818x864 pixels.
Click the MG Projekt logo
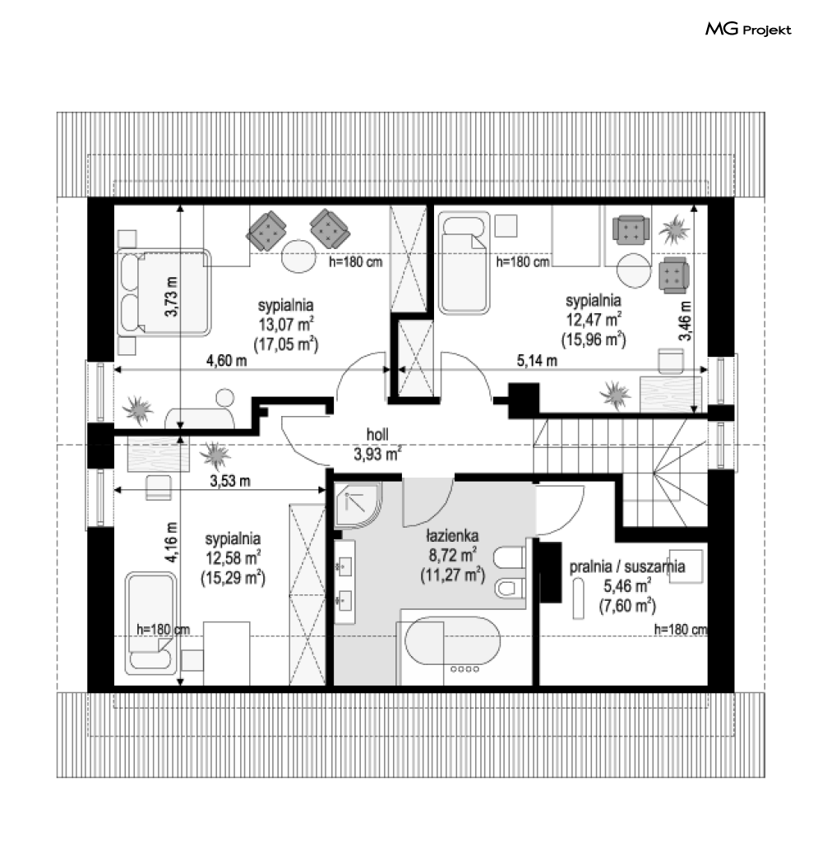[748, 30]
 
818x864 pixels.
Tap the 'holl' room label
[377, 434]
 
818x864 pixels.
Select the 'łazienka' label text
[452, 536]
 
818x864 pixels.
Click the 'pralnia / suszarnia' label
[626, 566]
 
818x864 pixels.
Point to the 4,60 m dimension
[227, 361]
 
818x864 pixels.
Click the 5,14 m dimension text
[537, 361]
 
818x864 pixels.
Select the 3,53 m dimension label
[230, 481]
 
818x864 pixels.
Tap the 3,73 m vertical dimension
[172, 297]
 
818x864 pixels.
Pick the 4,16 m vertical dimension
[172, 543]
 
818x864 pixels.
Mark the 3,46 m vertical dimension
[685, 321]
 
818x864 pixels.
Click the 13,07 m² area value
[286, 323]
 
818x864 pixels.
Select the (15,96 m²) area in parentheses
[594, 339]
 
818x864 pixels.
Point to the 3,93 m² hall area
[377, 454]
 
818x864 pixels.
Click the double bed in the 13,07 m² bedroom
[164, 293]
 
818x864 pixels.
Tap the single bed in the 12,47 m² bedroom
[464, 263]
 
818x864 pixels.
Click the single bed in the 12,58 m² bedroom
[151, 623]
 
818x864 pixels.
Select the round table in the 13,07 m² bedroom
[298, 256]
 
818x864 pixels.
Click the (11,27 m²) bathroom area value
[452, 575]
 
